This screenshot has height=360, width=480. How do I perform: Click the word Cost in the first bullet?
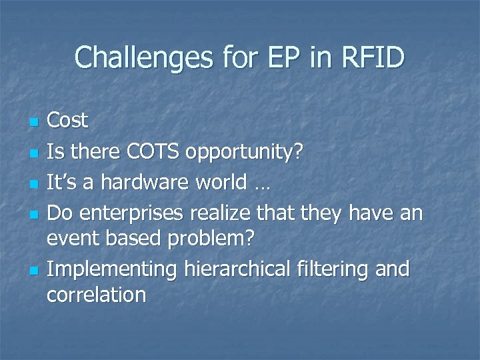pyautogui.click(x=68, y=121)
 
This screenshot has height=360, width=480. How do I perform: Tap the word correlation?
pyautogui.click(x=96, y=295)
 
